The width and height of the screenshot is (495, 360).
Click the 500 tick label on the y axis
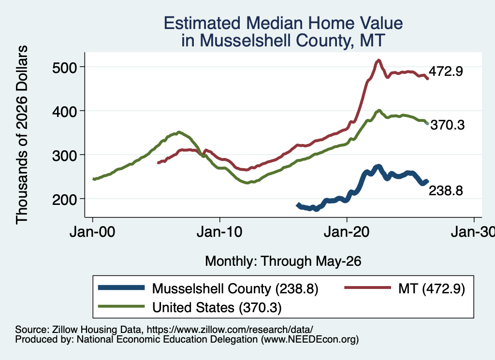[64, 68]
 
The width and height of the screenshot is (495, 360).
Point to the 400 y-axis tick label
[64, 111]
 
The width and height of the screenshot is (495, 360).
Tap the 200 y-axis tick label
[64, 200]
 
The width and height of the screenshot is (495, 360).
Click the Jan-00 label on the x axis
[92, 232]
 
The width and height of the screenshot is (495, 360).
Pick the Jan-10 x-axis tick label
[219, 232]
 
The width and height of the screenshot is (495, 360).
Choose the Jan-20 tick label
[347, 232]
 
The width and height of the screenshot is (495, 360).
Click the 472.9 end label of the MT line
[446, 72]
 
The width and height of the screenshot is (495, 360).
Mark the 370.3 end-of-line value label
[448, 125]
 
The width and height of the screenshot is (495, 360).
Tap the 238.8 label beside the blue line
[446, 190]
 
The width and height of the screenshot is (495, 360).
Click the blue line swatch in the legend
[121, 288]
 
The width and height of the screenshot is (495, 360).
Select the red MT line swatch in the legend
[367, 288]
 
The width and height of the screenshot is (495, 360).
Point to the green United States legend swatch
[121, 306]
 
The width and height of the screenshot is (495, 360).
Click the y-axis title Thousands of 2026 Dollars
[22, 135]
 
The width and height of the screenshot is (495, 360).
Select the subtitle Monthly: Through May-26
[283, 261]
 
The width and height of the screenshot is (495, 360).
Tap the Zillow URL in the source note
[230, 330]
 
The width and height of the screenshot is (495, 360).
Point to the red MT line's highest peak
[379, 60]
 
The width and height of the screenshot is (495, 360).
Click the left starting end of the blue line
[297, 205]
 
